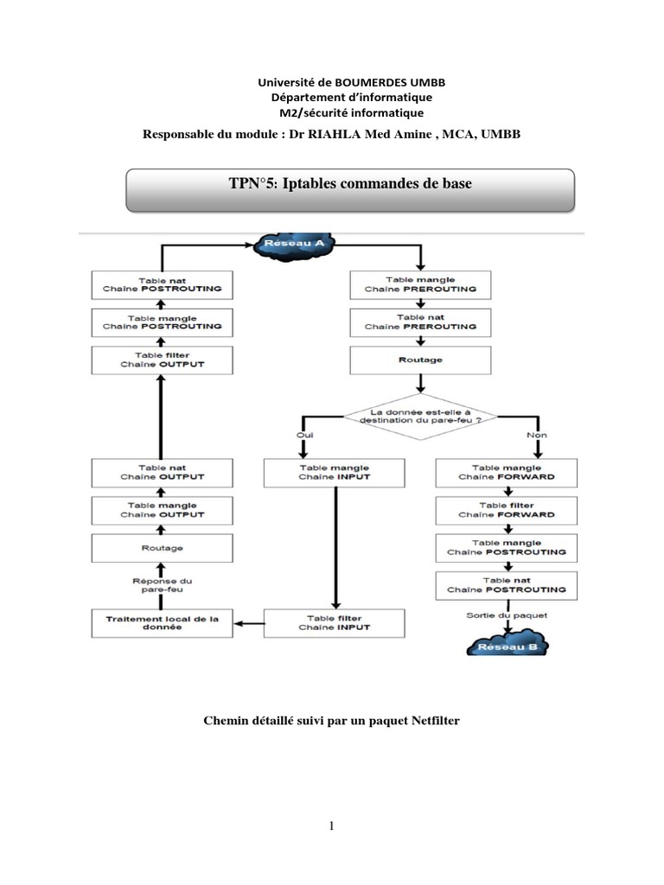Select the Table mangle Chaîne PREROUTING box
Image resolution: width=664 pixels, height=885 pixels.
[x=420, y=284]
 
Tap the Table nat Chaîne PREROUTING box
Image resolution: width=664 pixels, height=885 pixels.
[x=420, y=322]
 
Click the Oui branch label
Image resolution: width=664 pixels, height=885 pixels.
[x=304, y=435]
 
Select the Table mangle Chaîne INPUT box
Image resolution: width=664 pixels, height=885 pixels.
[x=334, y=472]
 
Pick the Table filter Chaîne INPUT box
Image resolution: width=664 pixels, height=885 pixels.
[x=334, y=622]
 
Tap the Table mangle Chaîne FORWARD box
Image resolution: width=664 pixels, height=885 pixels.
[x=506, y=472]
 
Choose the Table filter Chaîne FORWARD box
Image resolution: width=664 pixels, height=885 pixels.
[x=506, y=509]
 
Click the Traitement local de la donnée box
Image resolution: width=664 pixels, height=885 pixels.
[x=163, y=622]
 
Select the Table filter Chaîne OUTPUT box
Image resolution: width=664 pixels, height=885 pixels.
[x=162, y=360]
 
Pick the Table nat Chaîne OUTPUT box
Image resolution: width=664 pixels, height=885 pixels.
[x=162, y=472]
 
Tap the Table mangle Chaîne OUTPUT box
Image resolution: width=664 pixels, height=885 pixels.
[x=162, y=509]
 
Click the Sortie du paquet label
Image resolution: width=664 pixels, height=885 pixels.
[x=506, y=614]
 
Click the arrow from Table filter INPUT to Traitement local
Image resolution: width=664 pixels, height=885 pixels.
[x=250, y=622]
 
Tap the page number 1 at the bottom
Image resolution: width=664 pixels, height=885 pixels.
[x=331, y=827]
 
